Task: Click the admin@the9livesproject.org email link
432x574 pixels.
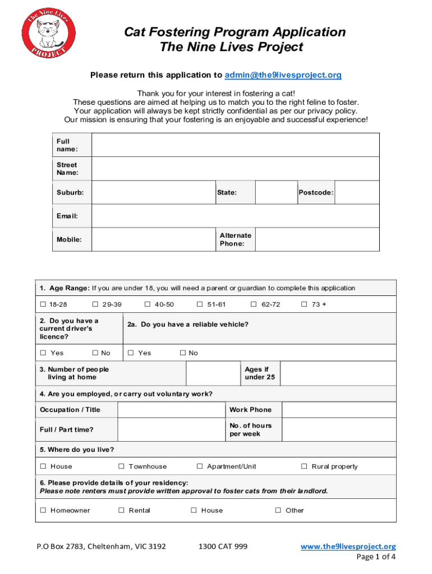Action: (x=283, y=75)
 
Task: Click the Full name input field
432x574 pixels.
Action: (x=236, y=145)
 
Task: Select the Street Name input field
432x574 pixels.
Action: (x=236, y=169)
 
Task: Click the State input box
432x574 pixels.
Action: (x=272, y=192)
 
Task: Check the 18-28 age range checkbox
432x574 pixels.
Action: (x=43, y=304)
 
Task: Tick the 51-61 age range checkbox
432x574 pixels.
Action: (x=200, y=304)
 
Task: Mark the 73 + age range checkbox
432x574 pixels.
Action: (x=304, y=304)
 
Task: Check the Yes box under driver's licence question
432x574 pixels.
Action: (x=43, y=353)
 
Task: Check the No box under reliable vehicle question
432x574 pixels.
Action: (x=183, y=353)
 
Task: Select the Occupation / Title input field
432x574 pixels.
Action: (x=171, y=410)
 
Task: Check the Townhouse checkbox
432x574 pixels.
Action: (x=121, y=466)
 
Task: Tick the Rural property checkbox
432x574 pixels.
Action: (x=304, y=466)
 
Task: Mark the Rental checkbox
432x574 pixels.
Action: (x=121, y=511)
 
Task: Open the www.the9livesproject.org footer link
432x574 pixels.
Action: (x=348, y=547)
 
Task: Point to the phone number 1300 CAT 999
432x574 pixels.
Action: (x=223, y=547)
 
